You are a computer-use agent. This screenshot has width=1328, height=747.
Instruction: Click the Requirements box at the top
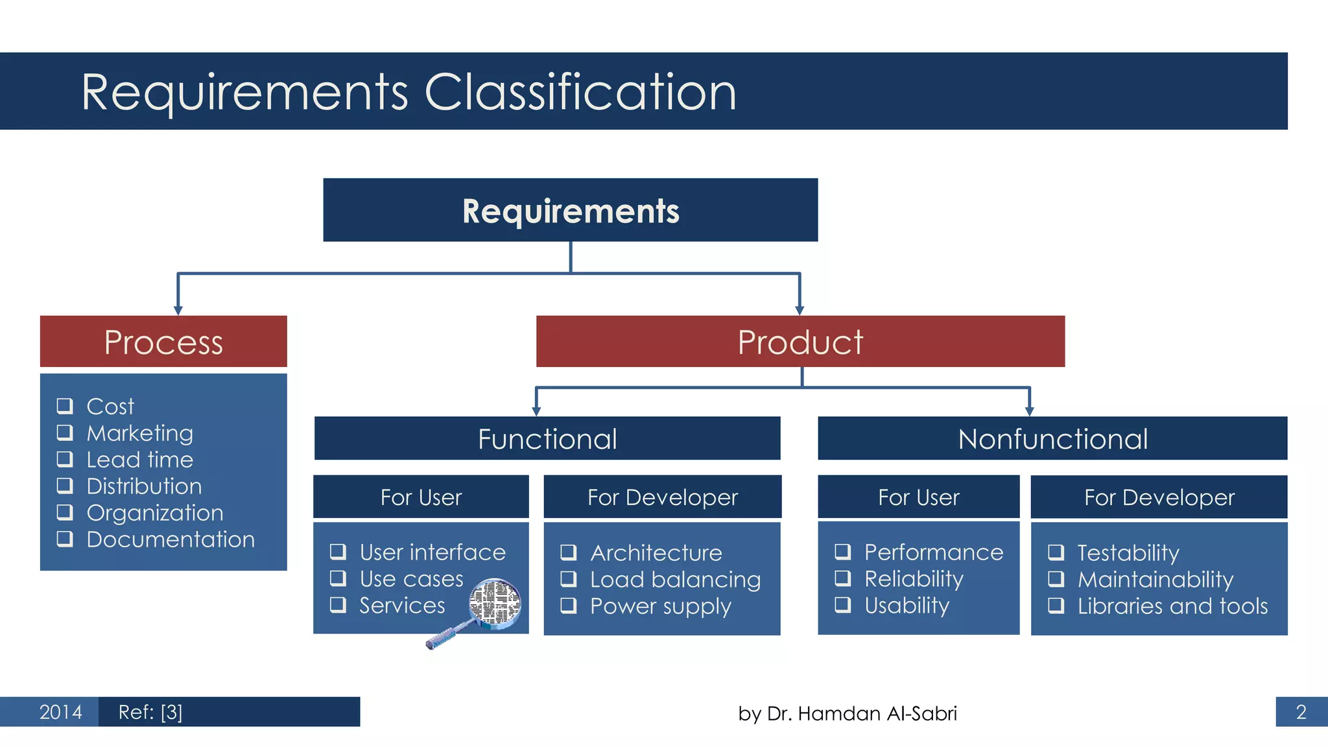point(570,210)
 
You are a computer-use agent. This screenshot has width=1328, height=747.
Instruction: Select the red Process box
point(163,342)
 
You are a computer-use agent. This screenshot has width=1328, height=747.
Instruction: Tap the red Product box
point(800,342)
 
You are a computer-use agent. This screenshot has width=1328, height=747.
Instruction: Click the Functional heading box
point(547,439)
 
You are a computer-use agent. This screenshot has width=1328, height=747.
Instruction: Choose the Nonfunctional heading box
point(1052,439)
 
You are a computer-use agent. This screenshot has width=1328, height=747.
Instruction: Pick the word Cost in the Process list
point(110,407)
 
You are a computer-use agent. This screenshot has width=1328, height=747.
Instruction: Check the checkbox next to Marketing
point(65,433)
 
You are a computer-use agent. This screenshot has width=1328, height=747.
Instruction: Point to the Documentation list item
point(171,539)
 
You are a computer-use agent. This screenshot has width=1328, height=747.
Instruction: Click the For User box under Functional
point(421,497)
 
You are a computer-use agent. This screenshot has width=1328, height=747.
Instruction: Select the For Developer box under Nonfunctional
point(1159,497)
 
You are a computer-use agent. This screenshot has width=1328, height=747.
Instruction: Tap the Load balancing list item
point(675,580)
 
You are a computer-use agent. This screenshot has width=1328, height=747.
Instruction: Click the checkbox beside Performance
point(842,552)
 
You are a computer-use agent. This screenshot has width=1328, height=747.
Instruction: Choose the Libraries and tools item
point(1172,606)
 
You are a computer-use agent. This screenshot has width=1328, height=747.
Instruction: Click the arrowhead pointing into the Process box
point(178,311)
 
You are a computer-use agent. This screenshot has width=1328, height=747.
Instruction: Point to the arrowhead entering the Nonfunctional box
point(1030,411)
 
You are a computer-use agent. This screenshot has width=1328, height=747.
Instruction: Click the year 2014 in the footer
point(60,712)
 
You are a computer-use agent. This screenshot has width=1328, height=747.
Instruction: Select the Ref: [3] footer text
point(150,712)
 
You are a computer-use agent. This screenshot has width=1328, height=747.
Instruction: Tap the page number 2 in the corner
point(1301,712)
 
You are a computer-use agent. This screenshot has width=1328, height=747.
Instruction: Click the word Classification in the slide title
point(580,92)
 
